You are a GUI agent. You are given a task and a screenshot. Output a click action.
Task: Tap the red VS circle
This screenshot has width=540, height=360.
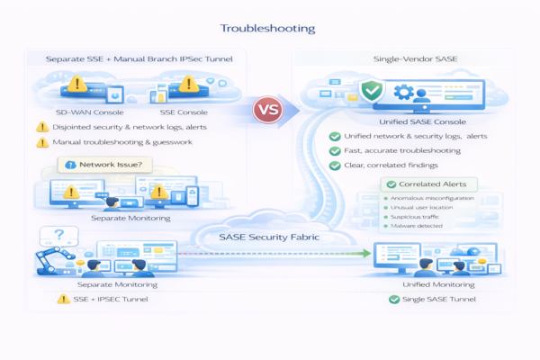tap(267, 111)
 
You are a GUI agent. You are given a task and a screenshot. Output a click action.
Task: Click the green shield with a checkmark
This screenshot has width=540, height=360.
tap(371, 91)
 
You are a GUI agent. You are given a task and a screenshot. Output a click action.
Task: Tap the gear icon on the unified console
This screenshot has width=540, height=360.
tap(404, 92)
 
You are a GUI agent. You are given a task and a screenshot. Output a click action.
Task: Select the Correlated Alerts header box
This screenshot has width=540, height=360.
tap(420, 184)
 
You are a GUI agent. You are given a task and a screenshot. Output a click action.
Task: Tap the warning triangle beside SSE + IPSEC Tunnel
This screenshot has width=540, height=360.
tap(64, 299)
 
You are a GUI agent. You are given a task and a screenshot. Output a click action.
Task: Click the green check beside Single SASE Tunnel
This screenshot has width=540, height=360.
tap(395, 299)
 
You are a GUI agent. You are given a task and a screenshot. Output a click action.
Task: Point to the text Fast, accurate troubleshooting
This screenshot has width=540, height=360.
tap(403, 150)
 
